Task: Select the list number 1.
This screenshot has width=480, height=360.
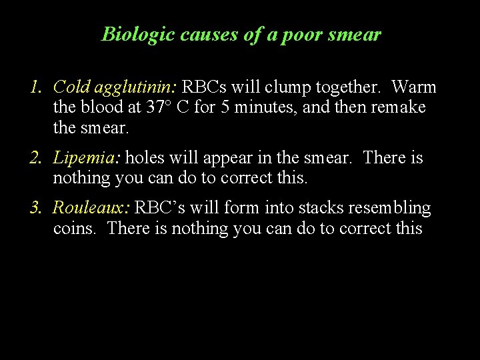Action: tap(36, 87)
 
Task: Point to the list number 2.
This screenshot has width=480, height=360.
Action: tap(36, 158)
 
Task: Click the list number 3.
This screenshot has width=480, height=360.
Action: tap(36, 208)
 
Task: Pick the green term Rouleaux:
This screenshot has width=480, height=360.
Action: tap(91, 208)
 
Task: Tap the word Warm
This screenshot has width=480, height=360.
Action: tap(414, 87)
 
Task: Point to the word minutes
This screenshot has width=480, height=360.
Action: tap(264, 107)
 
